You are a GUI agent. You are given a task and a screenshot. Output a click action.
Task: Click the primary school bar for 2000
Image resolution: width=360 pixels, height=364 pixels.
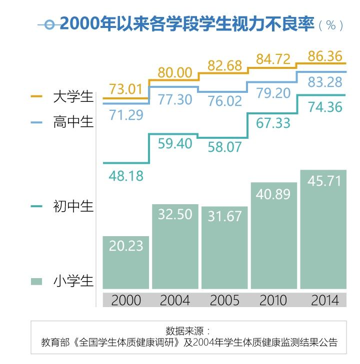[x=125, y=263]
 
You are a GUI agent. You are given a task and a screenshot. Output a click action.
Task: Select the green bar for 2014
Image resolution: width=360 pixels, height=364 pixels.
[x=323, y=230]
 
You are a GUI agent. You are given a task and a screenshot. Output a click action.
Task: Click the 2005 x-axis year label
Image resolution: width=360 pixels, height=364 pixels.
[x=224, y=300]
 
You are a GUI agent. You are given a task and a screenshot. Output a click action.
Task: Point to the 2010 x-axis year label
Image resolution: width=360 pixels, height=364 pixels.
[x=273, y=300]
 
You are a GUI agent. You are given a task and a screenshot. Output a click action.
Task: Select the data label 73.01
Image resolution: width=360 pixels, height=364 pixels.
[x=126, y=90]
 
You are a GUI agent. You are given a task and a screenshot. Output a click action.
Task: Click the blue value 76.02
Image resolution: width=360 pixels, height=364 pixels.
[x=224, y=100]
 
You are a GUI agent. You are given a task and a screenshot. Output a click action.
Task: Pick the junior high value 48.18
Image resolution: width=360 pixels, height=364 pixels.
[x=126, y=176]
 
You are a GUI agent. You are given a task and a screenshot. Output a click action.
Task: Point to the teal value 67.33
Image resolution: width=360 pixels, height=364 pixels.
[x=273, y=122]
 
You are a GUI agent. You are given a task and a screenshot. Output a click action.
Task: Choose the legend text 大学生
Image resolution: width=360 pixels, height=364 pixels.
[x=73, y=96]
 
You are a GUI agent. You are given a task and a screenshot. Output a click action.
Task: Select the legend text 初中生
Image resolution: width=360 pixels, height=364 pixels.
[x=73, y=206]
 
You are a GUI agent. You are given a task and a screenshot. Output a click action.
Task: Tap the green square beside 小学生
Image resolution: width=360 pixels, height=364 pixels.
[x=36, y=281]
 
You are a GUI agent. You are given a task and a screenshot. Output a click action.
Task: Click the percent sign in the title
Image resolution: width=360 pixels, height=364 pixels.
[x=330, y=25]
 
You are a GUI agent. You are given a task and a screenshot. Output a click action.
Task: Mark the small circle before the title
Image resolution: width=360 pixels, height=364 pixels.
[x=49, y=24]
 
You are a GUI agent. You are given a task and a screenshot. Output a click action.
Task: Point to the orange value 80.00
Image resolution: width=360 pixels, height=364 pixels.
[x=175, y=73]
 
